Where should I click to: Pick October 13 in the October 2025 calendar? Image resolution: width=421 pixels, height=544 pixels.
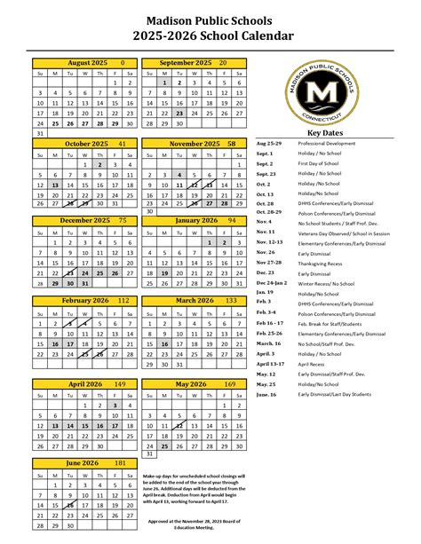point(55,185)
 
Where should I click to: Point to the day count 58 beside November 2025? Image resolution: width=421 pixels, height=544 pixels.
point(231,143)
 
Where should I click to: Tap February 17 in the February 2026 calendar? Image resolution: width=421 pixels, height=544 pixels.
point(71,343)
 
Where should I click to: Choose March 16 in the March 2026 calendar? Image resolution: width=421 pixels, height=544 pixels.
point(163,343)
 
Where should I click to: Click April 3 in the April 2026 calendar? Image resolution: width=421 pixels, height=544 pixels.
point(115,405)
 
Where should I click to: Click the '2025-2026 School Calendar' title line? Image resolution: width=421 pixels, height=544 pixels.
point(210,35)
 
